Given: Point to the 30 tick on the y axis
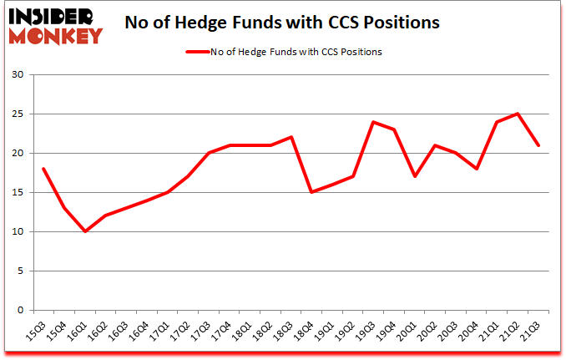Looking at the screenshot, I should (18, 75).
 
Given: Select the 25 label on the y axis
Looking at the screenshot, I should (18, 114).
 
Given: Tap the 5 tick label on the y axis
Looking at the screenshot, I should (22, 271).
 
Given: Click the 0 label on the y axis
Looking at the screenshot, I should (22, 310).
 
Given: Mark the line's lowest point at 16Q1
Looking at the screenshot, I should (85, 231).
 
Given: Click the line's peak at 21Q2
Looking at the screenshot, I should (518, 114).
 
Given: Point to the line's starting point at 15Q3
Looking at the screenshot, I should (43, 169).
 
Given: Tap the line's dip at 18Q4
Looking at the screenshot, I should (311, 192).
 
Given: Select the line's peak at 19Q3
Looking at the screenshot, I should (373, 122).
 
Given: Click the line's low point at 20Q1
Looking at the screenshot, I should (415, 176).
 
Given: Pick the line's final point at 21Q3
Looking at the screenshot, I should (538, 145).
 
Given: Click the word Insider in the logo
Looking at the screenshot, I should (57, 15).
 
